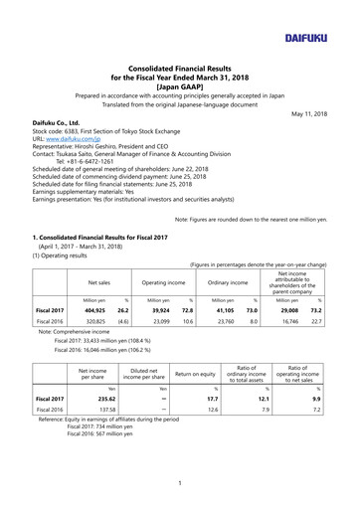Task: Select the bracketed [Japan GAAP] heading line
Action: pyautogui.click(x=179, y=86)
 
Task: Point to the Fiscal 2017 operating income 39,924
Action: pyautogui.click(x=164, y=311)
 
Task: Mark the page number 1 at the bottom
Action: pyautogui.click(x=179, y=484)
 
